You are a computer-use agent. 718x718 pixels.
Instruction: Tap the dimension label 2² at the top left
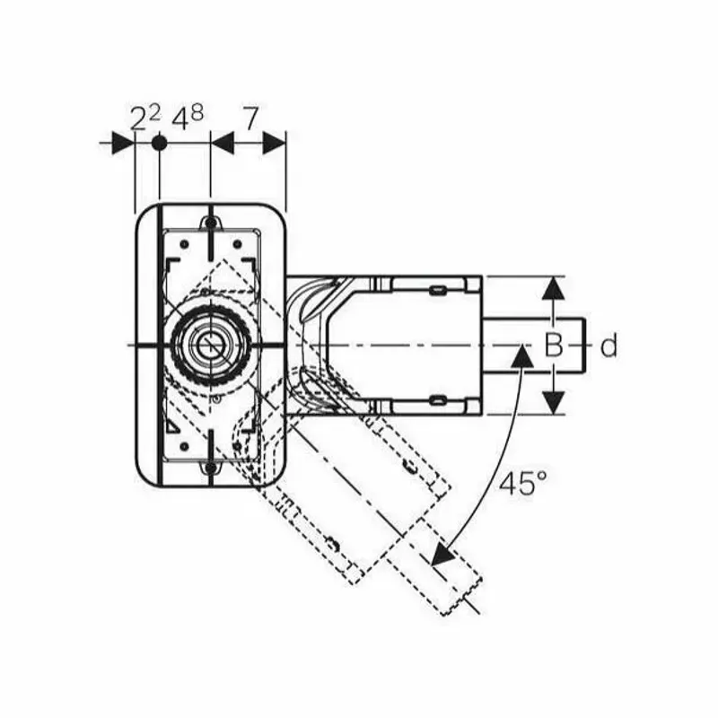click(144, 117)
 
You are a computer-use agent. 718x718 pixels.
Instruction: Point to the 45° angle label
click(522, 484)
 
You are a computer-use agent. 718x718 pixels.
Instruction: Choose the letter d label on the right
click(609, 346)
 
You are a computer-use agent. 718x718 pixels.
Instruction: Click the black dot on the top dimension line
click(159, 143)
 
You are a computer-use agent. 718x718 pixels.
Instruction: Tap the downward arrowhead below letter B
click(555, 401)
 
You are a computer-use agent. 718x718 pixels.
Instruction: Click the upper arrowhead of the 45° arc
click(519, 356)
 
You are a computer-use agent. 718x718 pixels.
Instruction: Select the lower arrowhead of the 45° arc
click(442, 556)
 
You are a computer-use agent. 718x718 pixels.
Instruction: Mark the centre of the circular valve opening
click(210, 345)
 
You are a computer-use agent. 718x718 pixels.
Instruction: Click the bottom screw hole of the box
click(210, 468)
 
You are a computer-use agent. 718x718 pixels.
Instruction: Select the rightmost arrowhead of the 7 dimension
click(274, 143)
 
